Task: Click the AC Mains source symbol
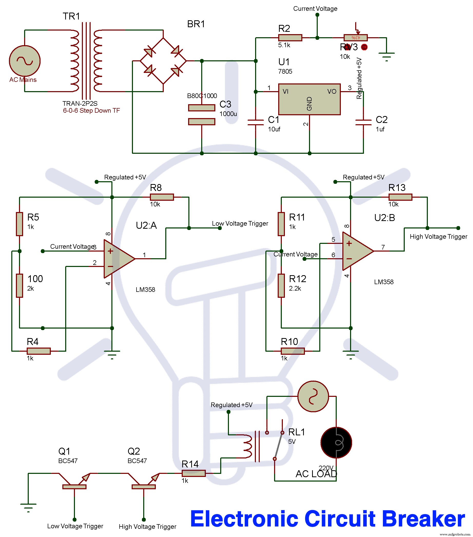(x=24, y=61)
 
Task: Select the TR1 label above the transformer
(x=71, y=16)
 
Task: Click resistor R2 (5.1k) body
(x=290, y=38)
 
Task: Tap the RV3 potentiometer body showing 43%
(x=355, y=38)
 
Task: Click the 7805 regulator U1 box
(x=309, y=99)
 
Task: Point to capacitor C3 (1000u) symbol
(x=201, y=114)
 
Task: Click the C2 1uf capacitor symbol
(x=363, y=122)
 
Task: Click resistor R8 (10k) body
(x=162, y=197)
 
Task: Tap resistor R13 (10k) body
(x=400, y=197)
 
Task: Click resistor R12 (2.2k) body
(x=281, y=286)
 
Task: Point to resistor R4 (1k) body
(x=38, y=351)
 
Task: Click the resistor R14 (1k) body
(x=194, y=473)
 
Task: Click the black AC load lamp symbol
(x=336, y=443)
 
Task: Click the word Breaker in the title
(x=423, y=519)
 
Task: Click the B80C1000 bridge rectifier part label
(x=202, y=96)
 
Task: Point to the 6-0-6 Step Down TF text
(x=91, y=111)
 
